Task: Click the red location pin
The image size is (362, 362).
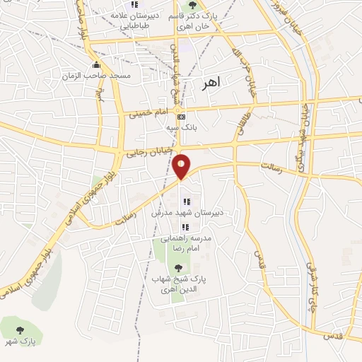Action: coord(181,166)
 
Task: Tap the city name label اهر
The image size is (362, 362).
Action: coord(211,82)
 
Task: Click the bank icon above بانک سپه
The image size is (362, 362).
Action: coord(182,117)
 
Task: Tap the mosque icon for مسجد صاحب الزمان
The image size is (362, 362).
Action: coord(96,66)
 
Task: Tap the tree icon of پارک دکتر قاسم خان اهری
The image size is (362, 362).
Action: coord(192,6)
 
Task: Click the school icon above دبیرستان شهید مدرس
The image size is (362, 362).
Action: coord(187,203)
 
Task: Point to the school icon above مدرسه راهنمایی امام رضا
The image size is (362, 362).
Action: coord(185,227)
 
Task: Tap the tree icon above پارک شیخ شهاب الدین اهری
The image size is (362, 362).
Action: coord(178,268)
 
